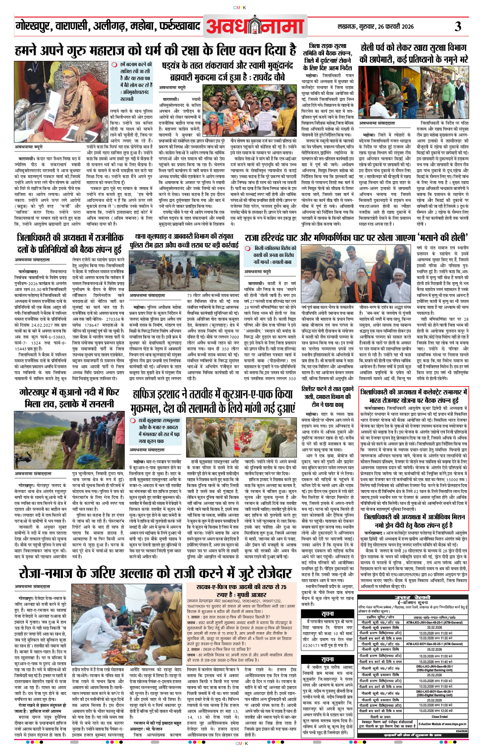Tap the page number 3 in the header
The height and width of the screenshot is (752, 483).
tap(458, 26)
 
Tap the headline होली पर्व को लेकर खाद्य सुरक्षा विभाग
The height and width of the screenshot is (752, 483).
tap(414, 53)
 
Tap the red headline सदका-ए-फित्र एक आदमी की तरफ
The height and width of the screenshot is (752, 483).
tap(241, 590)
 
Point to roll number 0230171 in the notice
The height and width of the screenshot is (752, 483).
tap(315, 645)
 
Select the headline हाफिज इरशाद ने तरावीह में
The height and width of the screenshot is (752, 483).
tap(214, 401)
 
